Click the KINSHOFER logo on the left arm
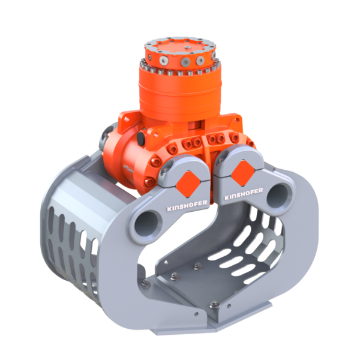pyautogui.click(x=187, y=205)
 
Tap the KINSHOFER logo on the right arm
pyautogui.click(x=244, y=194)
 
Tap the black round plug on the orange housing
pyautogui.click(x=141, y=139)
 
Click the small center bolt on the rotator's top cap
pyautogui.click(x=188, y=47)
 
